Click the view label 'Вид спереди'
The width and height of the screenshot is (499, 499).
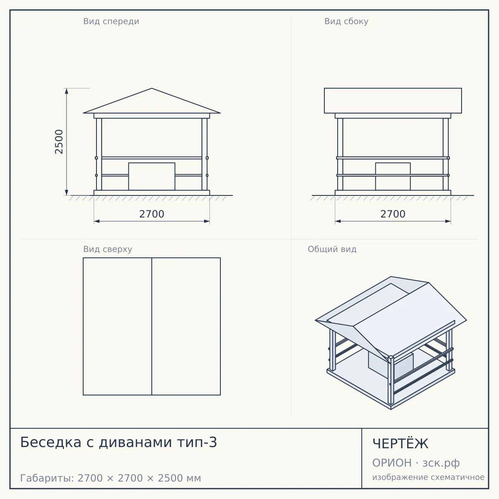[111, 21]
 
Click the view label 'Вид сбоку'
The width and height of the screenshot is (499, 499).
[346, 21]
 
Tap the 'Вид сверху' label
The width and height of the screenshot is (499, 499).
[108, 249]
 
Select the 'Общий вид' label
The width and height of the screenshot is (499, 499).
[332, 249]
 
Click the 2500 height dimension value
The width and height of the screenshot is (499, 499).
[59, 142]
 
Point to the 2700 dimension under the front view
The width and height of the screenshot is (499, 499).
[152, 214]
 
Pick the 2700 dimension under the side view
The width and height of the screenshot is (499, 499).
[393, 214]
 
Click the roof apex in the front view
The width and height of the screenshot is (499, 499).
[152, 88]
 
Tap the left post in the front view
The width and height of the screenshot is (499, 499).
[99, 154]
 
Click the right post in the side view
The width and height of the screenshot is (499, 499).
[446, 154]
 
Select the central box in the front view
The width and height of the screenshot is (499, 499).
[152, 176]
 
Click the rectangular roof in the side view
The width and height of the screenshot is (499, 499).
[393, 101]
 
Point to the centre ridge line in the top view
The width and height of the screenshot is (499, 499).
[152, 326]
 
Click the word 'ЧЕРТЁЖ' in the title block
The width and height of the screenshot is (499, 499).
[400, 444]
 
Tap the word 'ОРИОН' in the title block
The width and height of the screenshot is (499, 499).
[392, 463]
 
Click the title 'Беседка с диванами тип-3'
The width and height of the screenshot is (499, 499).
[119, 442]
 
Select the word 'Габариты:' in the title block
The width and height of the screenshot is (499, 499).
[47, 478]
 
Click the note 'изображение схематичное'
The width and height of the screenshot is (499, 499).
[428, 477]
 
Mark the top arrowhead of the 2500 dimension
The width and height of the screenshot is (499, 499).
[67, 91]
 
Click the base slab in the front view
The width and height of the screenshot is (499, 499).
[152, 193]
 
